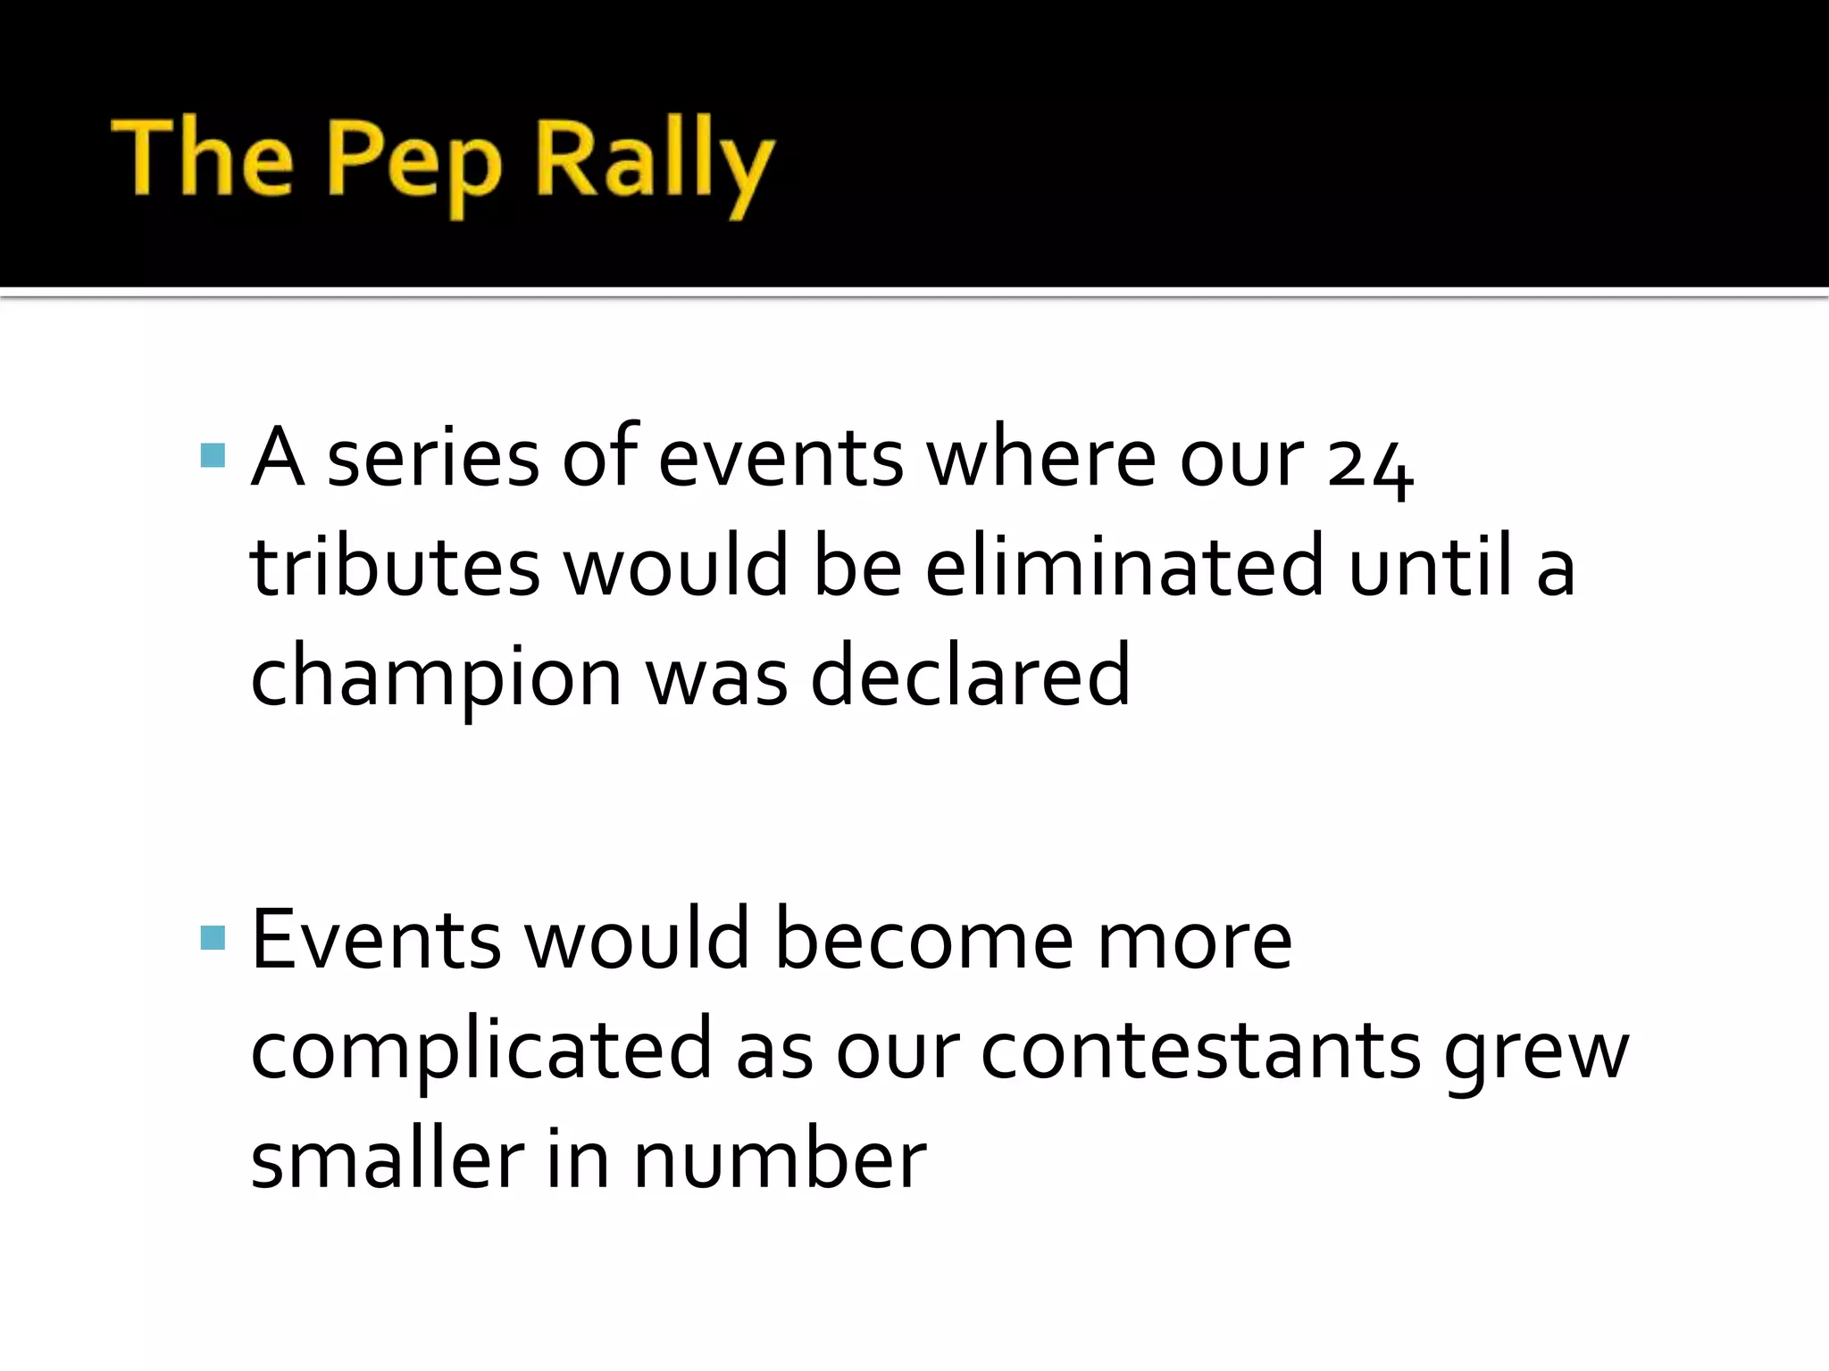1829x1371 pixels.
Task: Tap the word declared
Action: point(970,676)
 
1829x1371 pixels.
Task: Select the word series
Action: point(433,460)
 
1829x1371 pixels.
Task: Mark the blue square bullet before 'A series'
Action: point(213,456)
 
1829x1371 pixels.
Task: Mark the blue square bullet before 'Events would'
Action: point(213,937)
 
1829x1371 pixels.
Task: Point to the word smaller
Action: point(386,1160)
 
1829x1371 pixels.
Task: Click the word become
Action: point(923,942)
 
